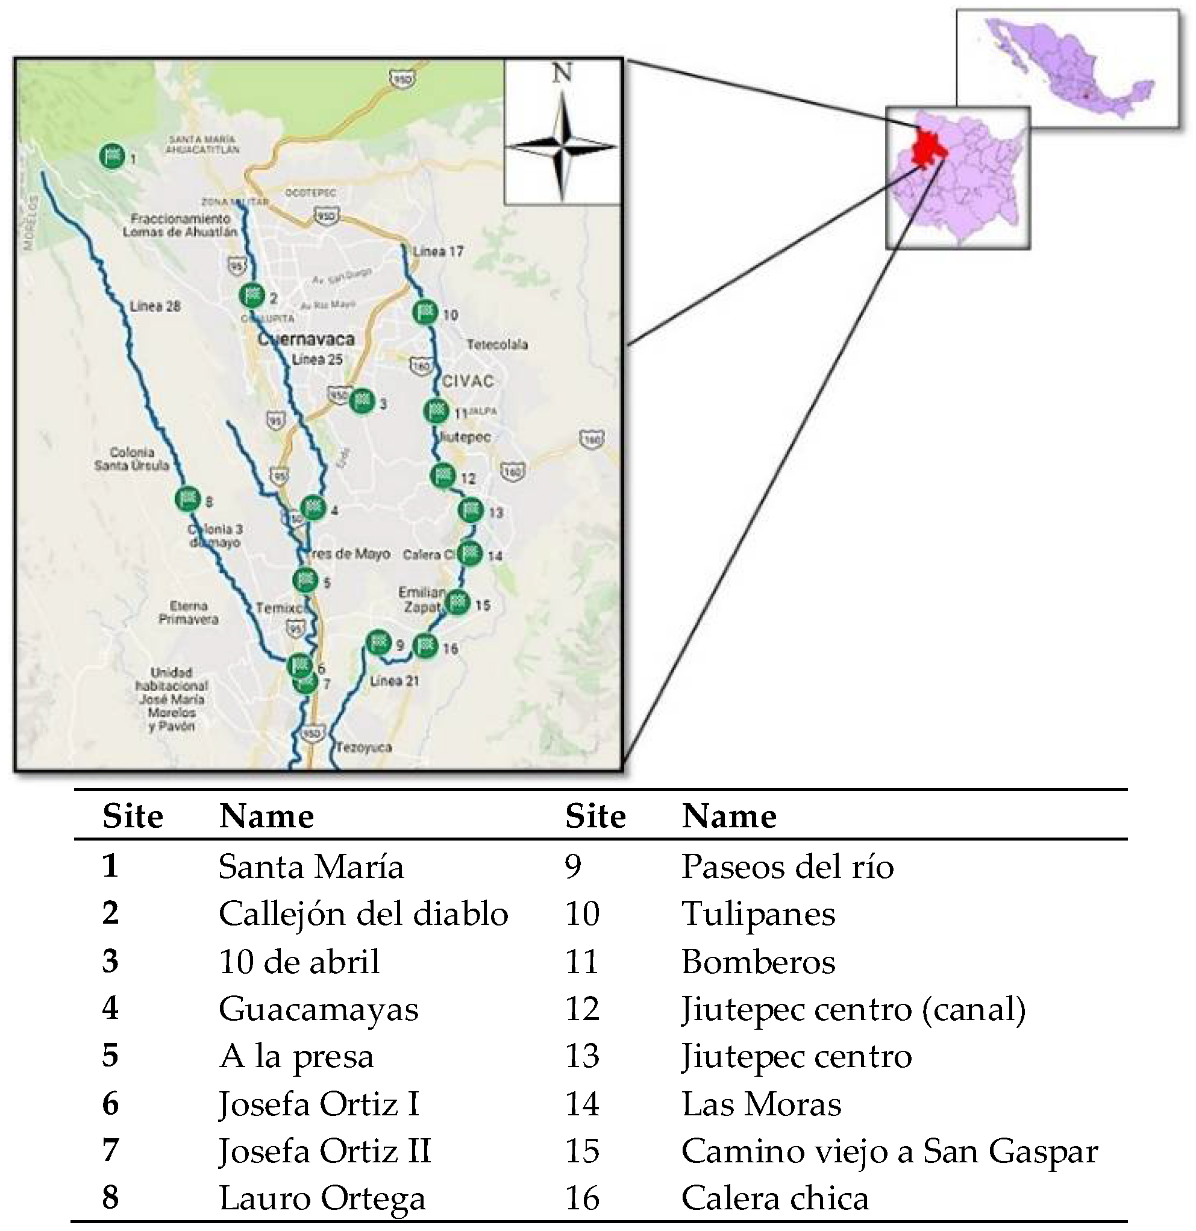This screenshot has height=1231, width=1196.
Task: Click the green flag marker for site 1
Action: (x=112, y=156)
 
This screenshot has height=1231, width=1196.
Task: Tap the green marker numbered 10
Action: (x=425, y=312)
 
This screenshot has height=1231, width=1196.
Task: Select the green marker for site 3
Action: (x=362, y=401)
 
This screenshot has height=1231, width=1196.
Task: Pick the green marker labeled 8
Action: (x=187, y=500)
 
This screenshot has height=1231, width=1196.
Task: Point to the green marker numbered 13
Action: (x=471, y=510)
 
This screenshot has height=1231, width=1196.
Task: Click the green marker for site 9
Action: (x=378, y=642)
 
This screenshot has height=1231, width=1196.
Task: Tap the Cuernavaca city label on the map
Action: (x=307, y=340)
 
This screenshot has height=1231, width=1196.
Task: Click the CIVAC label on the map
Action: (x=468, y=381)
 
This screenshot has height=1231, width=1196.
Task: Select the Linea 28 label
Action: (x=155, y=307)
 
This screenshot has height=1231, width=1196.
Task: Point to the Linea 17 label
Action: (x=438, y=252)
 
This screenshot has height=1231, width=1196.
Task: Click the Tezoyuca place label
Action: (x=365, y=747)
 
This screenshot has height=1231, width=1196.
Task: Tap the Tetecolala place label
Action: (x=497, y=345)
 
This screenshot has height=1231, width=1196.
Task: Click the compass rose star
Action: (x=562, y=148)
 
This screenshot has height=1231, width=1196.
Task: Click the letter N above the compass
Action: (x=562, y=74)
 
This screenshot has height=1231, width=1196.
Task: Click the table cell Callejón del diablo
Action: (x=363, y=914)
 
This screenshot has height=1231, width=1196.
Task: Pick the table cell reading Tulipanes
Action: (x=758, y=914)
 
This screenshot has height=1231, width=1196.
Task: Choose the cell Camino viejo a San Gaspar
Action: (x=889, y=1151)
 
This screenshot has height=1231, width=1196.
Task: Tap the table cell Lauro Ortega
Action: (x=322, y=1198)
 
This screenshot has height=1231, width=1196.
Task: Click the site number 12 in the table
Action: (x=582, y=1009)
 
